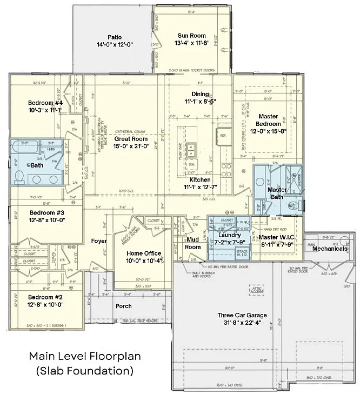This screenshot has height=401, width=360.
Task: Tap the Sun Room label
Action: click(189, 35)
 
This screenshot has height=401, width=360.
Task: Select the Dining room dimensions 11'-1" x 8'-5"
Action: click(200, 101)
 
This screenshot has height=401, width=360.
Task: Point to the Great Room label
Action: click(131, 139)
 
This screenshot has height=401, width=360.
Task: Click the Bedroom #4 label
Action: click(46, 103)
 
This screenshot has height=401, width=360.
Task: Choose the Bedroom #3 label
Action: click(47, 212)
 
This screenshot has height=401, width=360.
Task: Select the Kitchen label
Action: click(199, 179)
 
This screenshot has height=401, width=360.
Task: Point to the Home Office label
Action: click(144, 253)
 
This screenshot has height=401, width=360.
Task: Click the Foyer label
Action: click(99, 241)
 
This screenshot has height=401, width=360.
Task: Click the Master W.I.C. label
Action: click(276, 237)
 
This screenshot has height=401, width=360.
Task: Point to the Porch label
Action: click(123, 306)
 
